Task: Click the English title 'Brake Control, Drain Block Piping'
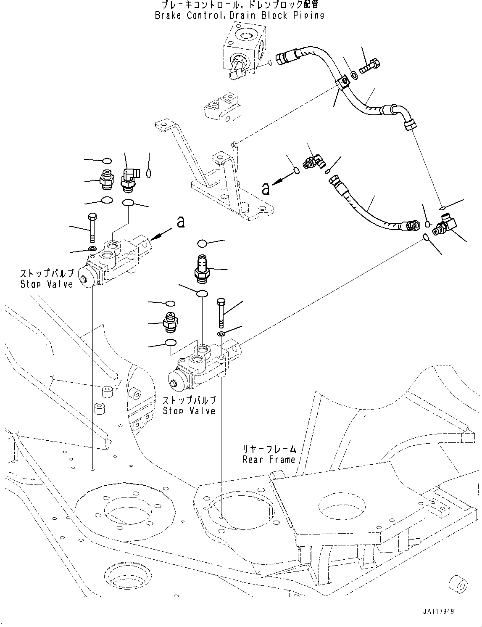[x=240, y=16]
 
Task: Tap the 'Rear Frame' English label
[x=269, y=460]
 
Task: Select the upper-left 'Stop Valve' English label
[x=47, y=284]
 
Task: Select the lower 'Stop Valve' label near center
[x=189, y=411]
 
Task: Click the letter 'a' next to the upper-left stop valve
[x=181, y=222]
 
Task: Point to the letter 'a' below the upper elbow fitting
[x=266, y=188]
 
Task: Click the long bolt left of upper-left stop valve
[x=92, y=229]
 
